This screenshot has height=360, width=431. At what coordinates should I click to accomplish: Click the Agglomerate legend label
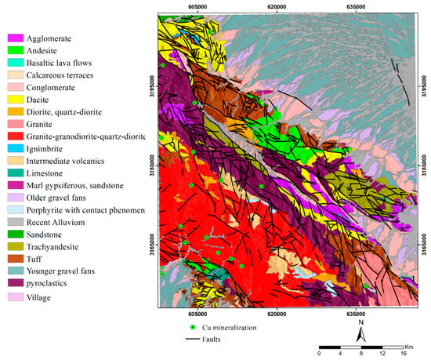pos(49,38)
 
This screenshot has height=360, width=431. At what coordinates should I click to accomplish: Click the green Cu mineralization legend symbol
pos(193,327)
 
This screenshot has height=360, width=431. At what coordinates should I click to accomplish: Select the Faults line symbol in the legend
pos(194,339)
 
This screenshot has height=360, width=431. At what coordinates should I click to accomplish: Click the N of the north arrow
pos(360,321)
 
